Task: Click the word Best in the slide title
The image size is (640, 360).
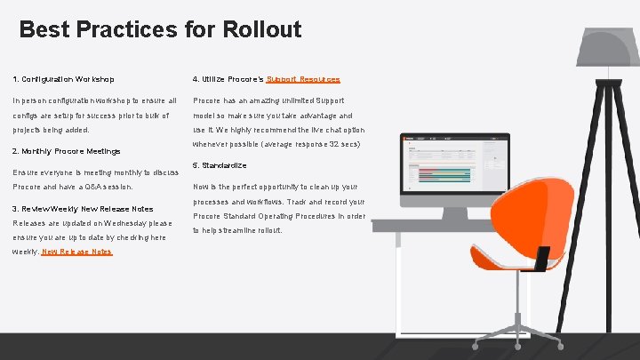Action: tap(44, 29)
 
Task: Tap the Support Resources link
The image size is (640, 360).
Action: tap(303, 80)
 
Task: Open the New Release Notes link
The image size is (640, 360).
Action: tap(76, 252)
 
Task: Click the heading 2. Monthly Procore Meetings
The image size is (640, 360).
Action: tap(67, 151)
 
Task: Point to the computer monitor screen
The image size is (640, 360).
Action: tap(452, 170)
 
